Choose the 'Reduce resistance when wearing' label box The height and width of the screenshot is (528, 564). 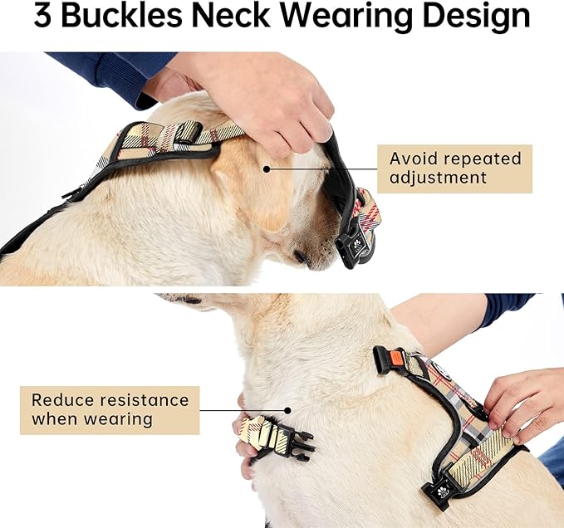point(110,409)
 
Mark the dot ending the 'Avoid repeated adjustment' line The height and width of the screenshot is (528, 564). point(267,169)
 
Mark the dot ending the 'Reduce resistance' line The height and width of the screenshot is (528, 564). point(288,409)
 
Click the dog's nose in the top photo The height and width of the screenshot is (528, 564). point(301,258)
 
